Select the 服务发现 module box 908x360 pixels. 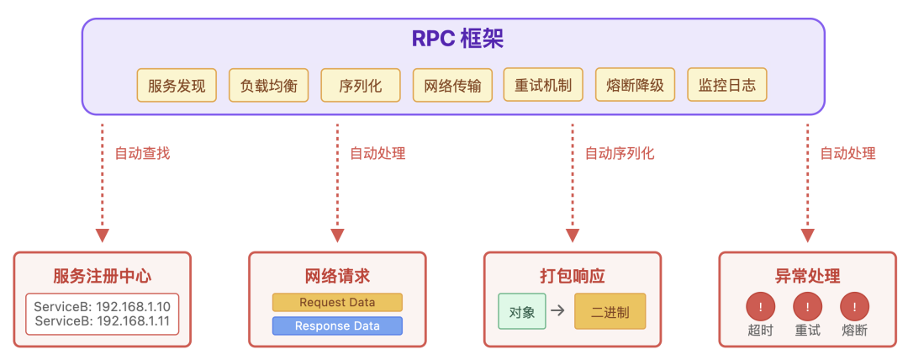coord(177,85)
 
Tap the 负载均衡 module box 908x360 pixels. coord(269,85)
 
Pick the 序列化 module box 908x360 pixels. coord(361,85)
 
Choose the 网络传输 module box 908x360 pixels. coord(453,85)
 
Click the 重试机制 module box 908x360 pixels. coord(543,85)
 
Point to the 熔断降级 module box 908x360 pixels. coord(635,85)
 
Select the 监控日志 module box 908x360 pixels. coord(727,85)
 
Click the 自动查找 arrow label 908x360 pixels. coord(142,153)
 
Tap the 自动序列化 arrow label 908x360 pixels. coord(620,153)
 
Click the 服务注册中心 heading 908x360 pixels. coord(103,276)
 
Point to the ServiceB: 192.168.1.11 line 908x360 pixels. coord(103,321)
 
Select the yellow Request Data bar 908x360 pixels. coord(337,303)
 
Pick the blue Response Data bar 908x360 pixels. coord(337,326)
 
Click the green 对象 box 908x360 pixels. coord(522,311)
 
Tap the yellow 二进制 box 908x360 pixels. coord(610,311)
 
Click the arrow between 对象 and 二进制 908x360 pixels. coord(557,311)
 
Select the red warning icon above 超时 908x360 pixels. coord(760,306)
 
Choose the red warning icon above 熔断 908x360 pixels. coord(855,306)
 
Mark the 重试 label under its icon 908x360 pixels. coord(807,331)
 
